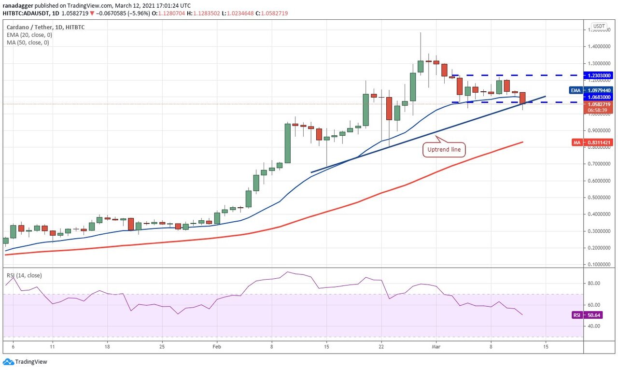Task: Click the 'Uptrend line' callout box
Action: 444,150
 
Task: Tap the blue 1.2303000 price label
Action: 598,75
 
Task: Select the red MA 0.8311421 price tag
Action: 598,142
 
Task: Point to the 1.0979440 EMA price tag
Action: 598,90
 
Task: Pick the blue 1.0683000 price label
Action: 598,97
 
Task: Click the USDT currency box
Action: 599,26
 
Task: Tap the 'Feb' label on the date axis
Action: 217,346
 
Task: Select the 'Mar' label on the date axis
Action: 436,346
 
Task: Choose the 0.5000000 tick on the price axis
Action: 598,198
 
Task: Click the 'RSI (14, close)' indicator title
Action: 24,275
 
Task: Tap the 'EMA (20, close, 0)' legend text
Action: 29,35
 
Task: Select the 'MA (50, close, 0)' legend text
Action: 28,43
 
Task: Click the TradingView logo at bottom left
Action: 25,361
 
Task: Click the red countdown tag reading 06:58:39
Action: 598,110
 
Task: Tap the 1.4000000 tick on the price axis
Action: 598,47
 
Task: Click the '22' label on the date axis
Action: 381,346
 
